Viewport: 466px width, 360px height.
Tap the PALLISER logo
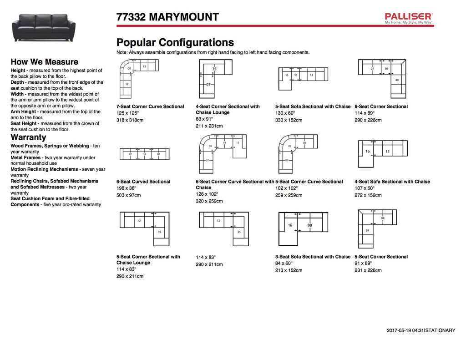408,17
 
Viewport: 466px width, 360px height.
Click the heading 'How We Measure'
44,62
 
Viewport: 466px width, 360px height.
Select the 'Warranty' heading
28,137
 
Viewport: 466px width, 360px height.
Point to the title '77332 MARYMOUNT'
167,17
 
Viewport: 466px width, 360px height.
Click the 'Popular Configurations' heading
175,42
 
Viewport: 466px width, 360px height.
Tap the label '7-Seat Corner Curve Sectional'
150,106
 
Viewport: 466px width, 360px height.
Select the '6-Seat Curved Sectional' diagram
144,154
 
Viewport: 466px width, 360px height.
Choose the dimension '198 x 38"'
127,188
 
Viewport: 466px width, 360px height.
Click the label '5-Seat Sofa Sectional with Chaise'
313,106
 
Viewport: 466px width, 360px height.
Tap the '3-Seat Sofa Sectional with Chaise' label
313,257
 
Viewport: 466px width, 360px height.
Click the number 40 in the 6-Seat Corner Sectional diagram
397,81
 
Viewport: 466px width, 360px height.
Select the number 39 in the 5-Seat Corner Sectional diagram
367,231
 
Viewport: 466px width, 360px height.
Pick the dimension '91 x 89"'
363,264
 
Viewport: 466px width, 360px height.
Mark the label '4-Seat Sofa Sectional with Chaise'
392,182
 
